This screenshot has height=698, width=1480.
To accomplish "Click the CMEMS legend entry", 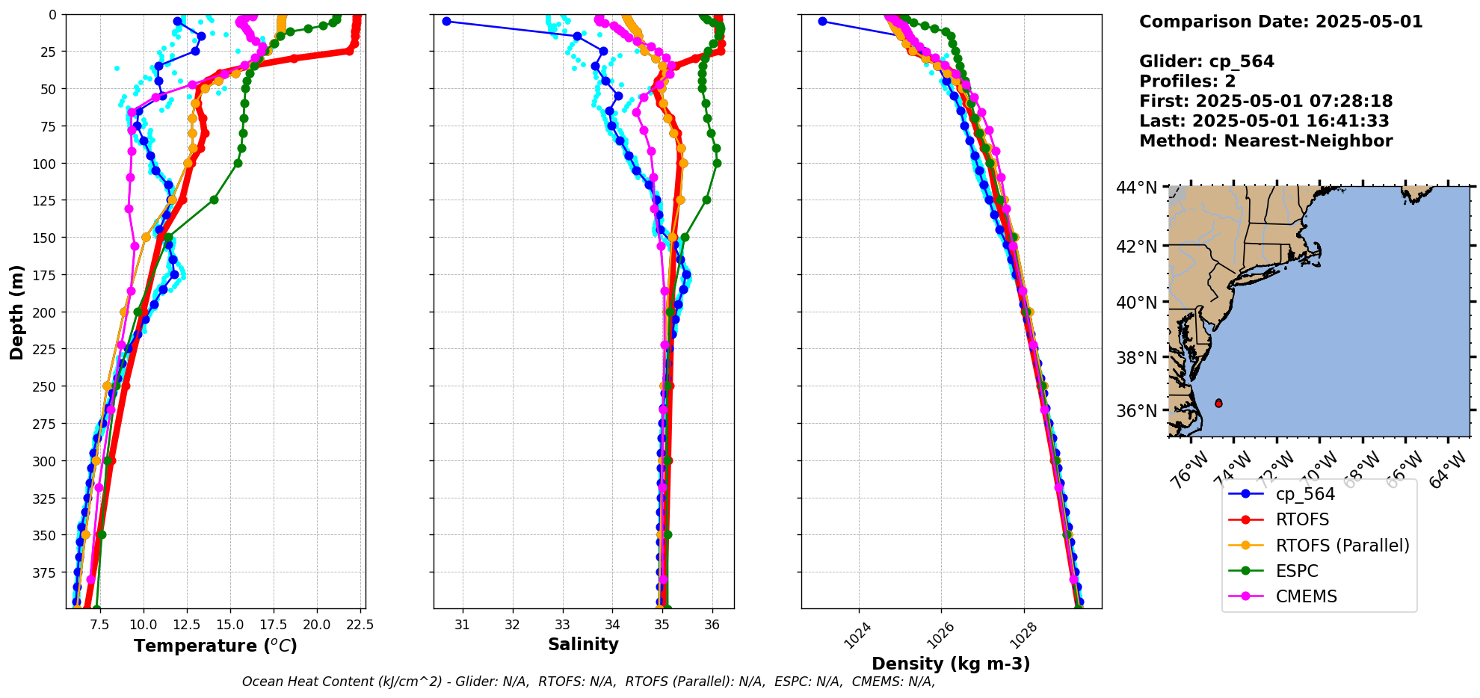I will click(x=1306, y=596).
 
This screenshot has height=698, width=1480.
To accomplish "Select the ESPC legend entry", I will click(x=1297, y=571).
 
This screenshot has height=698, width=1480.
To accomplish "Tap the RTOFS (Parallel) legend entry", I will click(x=1342, y=546).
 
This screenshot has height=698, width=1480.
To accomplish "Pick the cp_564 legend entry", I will click(x=1305, y=494).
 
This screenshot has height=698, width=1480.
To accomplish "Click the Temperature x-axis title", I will click(x=215, y=646).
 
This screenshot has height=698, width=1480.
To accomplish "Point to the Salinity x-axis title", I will click(x=583, y=644).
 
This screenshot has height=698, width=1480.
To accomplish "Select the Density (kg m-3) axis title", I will click(x=951, y=664).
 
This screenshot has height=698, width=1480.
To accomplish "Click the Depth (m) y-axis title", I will click(x=17, y=312).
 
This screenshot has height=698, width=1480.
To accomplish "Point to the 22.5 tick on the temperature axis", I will click(x=360, y=624).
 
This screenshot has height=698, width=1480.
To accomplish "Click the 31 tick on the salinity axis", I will click(x=463, y=624).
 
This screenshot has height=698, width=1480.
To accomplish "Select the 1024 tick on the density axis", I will click(x=856, y=634).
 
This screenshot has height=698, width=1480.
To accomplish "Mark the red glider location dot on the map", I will click(x=1218, y=403).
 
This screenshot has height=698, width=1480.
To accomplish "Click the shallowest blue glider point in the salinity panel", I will click(x=446, y=21).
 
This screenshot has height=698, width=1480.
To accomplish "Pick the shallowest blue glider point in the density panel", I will click(x=822, y=21).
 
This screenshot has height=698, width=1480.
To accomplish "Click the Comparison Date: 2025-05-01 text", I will click(x=1280, y=22).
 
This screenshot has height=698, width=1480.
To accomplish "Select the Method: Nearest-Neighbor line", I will click(x=1265, y=141).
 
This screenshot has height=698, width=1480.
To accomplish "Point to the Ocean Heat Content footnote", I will click(x=588, y=682).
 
